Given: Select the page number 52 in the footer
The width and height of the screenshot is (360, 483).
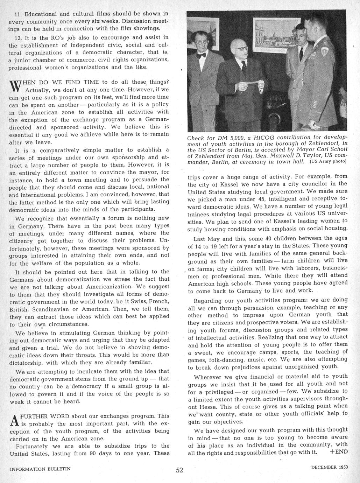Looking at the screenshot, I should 179,470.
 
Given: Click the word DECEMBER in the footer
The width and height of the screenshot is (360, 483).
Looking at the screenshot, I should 323,467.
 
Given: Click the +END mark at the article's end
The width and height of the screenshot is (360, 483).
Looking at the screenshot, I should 339,451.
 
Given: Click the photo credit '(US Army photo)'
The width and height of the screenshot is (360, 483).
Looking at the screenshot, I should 328,161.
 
